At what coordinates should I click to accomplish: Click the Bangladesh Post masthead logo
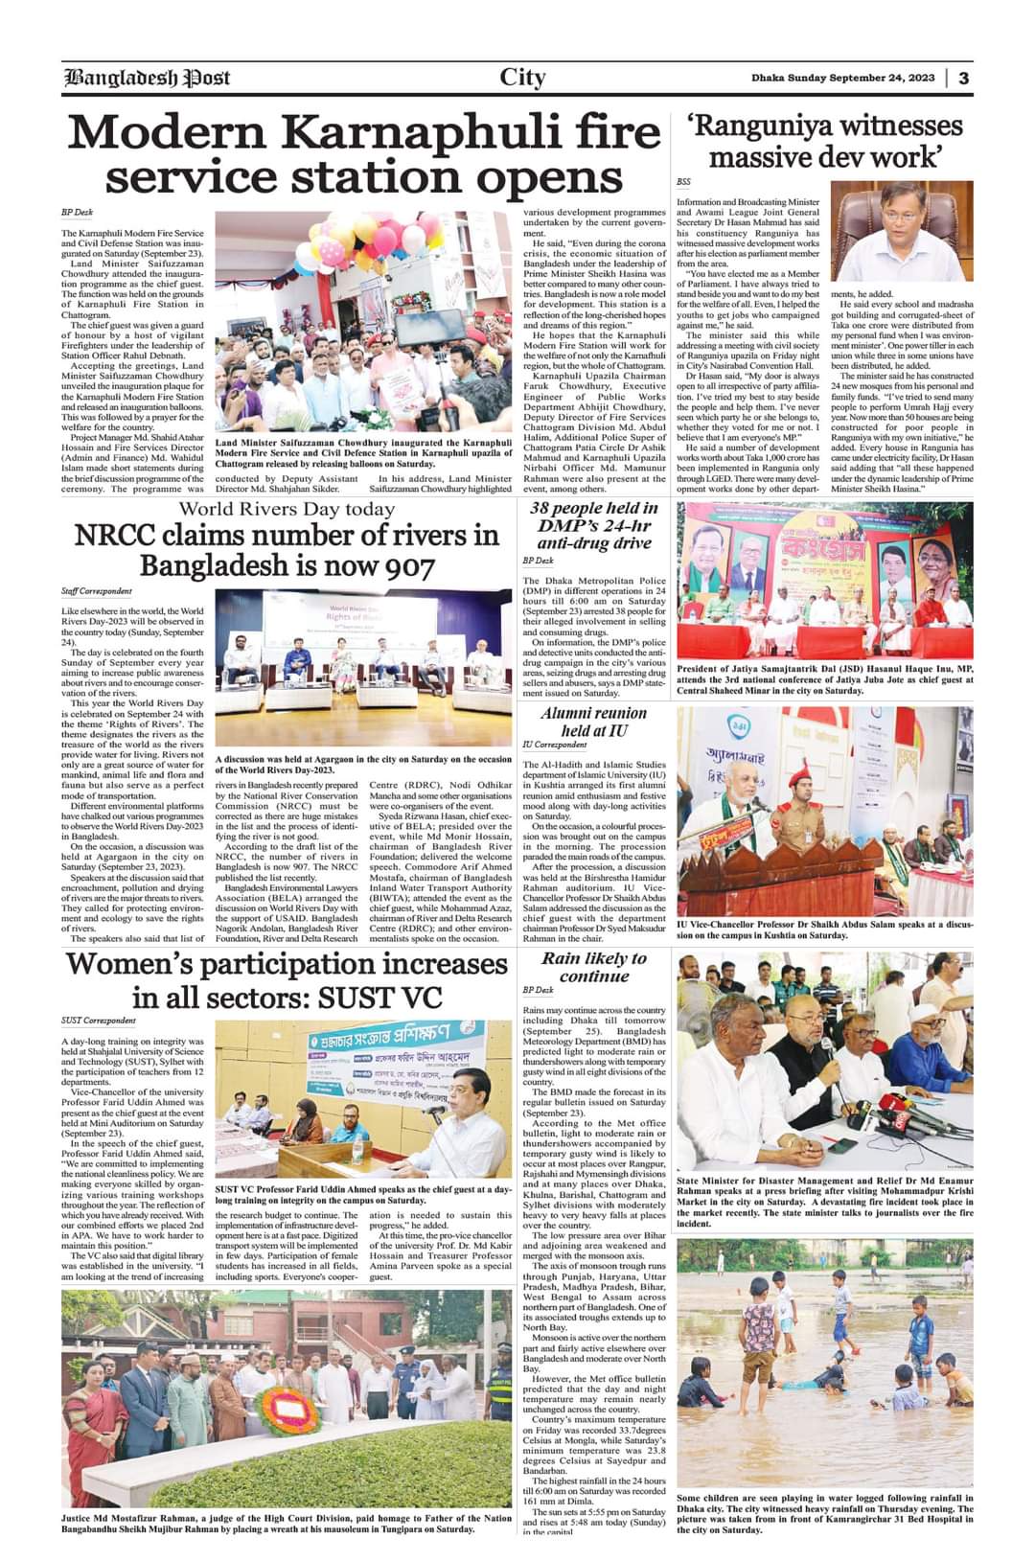point(146,78)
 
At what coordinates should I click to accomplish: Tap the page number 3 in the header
point(963,78)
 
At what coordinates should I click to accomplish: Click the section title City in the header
point(522,78)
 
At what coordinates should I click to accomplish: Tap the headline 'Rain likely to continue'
point(593,967)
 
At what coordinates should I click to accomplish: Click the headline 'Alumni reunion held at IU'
point(593,722)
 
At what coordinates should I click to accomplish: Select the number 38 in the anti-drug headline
point(549,508)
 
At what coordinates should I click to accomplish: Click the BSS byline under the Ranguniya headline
point(683,181)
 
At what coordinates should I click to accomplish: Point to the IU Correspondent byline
point(554,745)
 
